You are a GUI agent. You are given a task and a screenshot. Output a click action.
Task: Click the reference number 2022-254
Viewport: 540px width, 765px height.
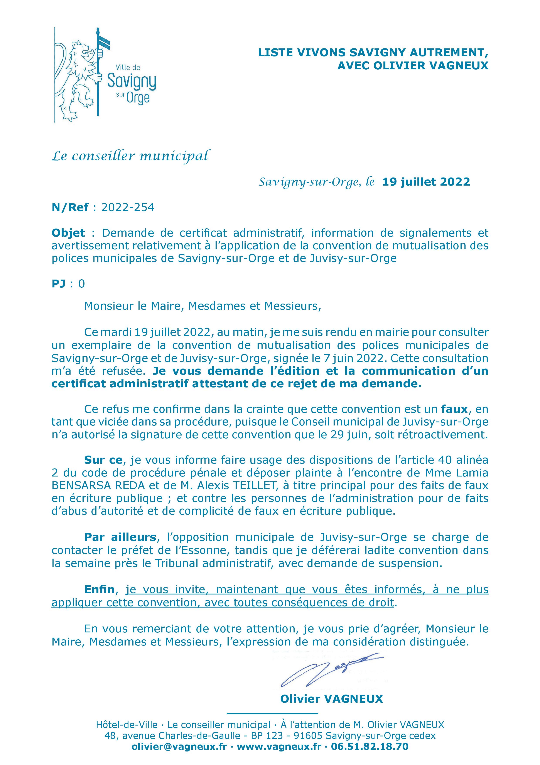pyautogui.click(x=128, y=208)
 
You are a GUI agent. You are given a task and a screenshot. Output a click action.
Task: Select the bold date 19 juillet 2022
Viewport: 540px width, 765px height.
pyautogui.click(x=426, y=182)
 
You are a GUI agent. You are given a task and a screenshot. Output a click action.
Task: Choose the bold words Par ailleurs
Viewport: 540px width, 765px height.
pyautogui.click(x=120, y=537)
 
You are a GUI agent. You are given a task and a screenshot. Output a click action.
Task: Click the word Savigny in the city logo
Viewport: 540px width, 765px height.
pyautogui.click(x=132, y=82)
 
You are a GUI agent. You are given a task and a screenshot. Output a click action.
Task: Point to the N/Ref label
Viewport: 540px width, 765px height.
pyautogui.click(x=70, y=208)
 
